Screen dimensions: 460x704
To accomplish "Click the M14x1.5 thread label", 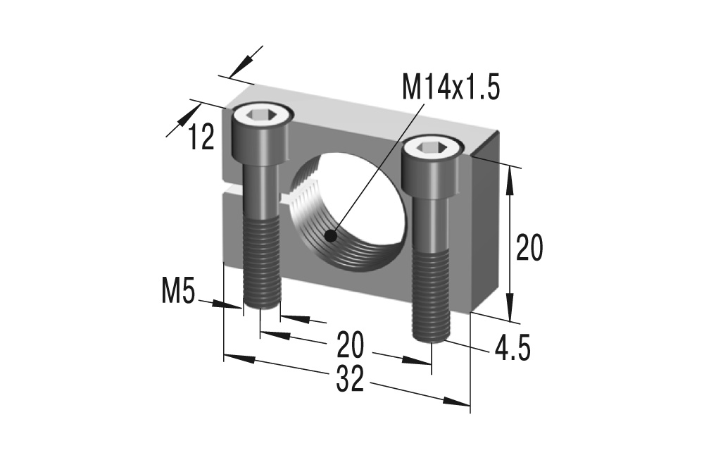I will point(451,89).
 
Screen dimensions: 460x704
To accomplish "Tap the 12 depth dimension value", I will point(201,137).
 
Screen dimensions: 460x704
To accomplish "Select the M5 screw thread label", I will point(177,291).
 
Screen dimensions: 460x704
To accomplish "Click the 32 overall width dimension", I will point(349,381).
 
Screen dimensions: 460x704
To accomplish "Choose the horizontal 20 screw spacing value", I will point(351,345).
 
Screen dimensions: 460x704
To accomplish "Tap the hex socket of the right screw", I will point(432,147).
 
